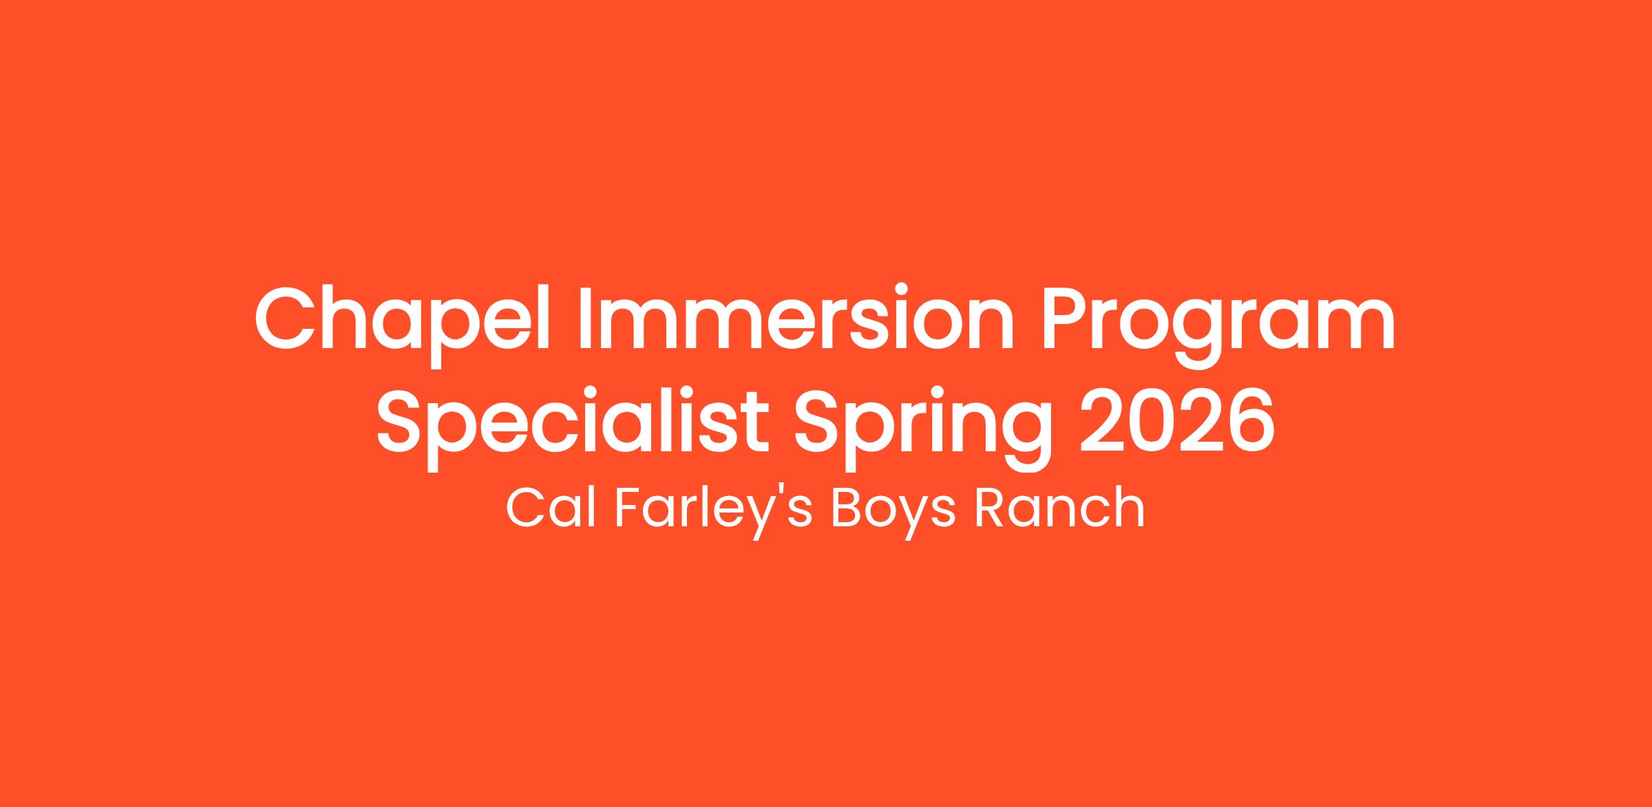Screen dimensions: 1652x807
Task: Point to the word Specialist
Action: (x=573, y=420)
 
